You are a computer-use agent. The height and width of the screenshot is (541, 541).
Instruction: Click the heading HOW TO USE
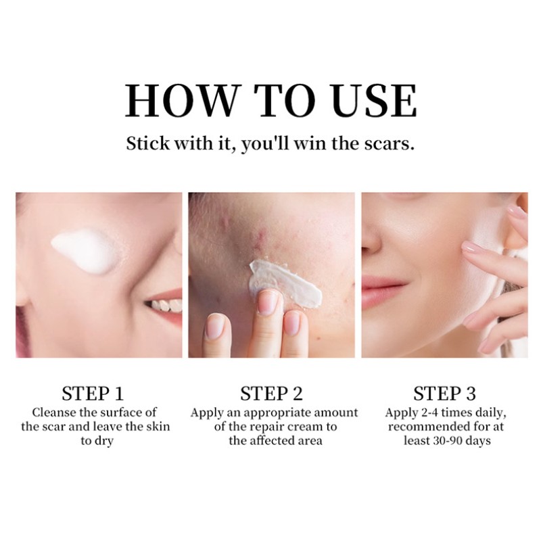[270, 101]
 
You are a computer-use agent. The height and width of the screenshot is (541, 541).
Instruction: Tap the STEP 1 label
[93, 394]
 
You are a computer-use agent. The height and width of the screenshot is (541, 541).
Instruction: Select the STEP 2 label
[271, 394]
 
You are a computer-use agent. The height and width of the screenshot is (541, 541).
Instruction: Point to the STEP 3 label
[444, 394]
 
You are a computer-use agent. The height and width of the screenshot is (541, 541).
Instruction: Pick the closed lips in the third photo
[386, 283]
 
